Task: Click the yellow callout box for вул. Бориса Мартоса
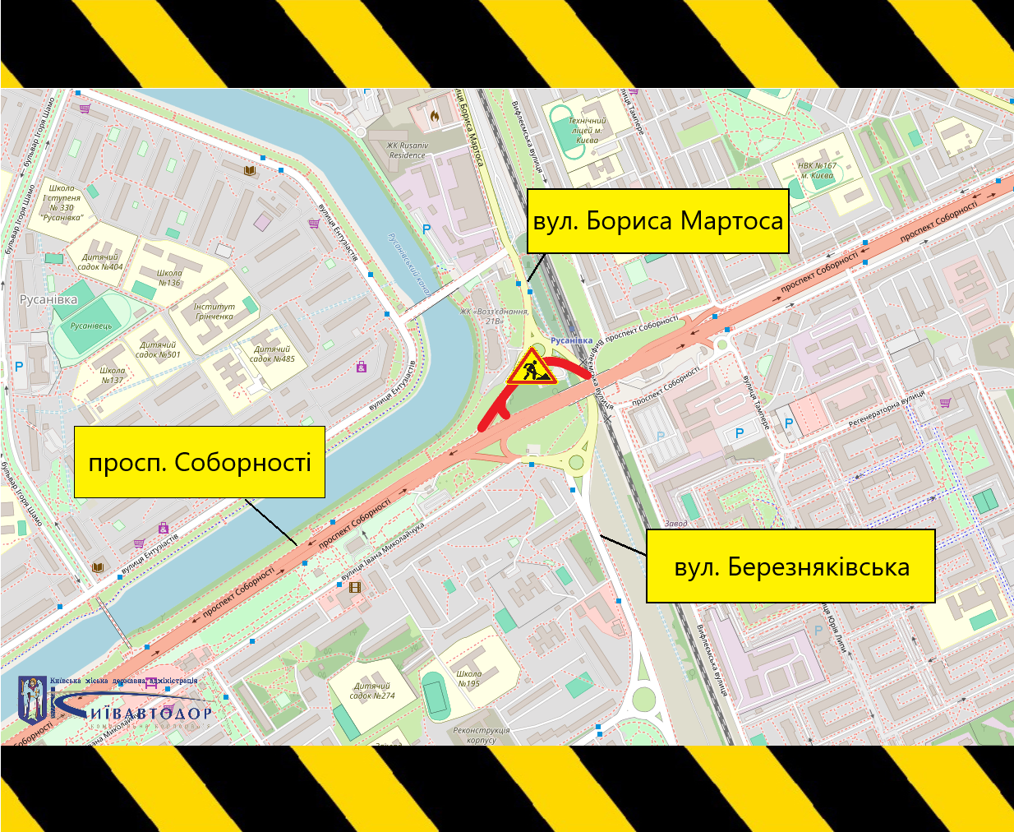[657, 220]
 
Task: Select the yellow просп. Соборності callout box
[200, 461]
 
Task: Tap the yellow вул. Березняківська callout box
[790, 566]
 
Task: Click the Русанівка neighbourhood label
[48, 299]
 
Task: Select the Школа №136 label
[168, 278]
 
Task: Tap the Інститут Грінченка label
[214, 312]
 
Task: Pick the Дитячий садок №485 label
[272, 354]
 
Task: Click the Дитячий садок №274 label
[372, 691]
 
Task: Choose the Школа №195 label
[468, 678]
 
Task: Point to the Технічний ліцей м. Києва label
[587, 130]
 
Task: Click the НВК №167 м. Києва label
[817, 170]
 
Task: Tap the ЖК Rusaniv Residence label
[408, 150]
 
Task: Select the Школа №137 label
[113, 375]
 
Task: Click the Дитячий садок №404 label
[100, 261]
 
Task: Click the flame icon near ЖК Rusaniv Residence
[435, 116]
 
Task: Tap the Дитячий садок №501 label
[158, 350]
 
